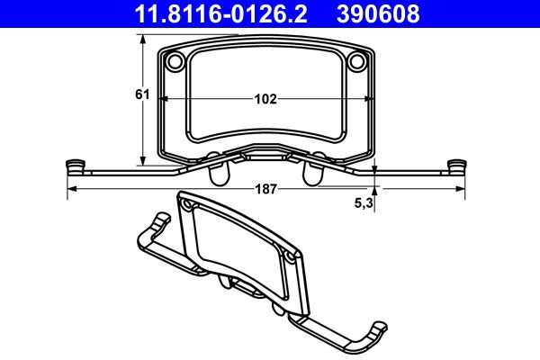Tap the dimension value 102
[x=265, y=99]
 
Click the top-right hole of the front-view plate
[x=357, y=61]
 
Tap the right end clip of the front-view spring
[x=458, y=166]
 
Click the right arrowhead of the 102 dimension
[x=370, y=99]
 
